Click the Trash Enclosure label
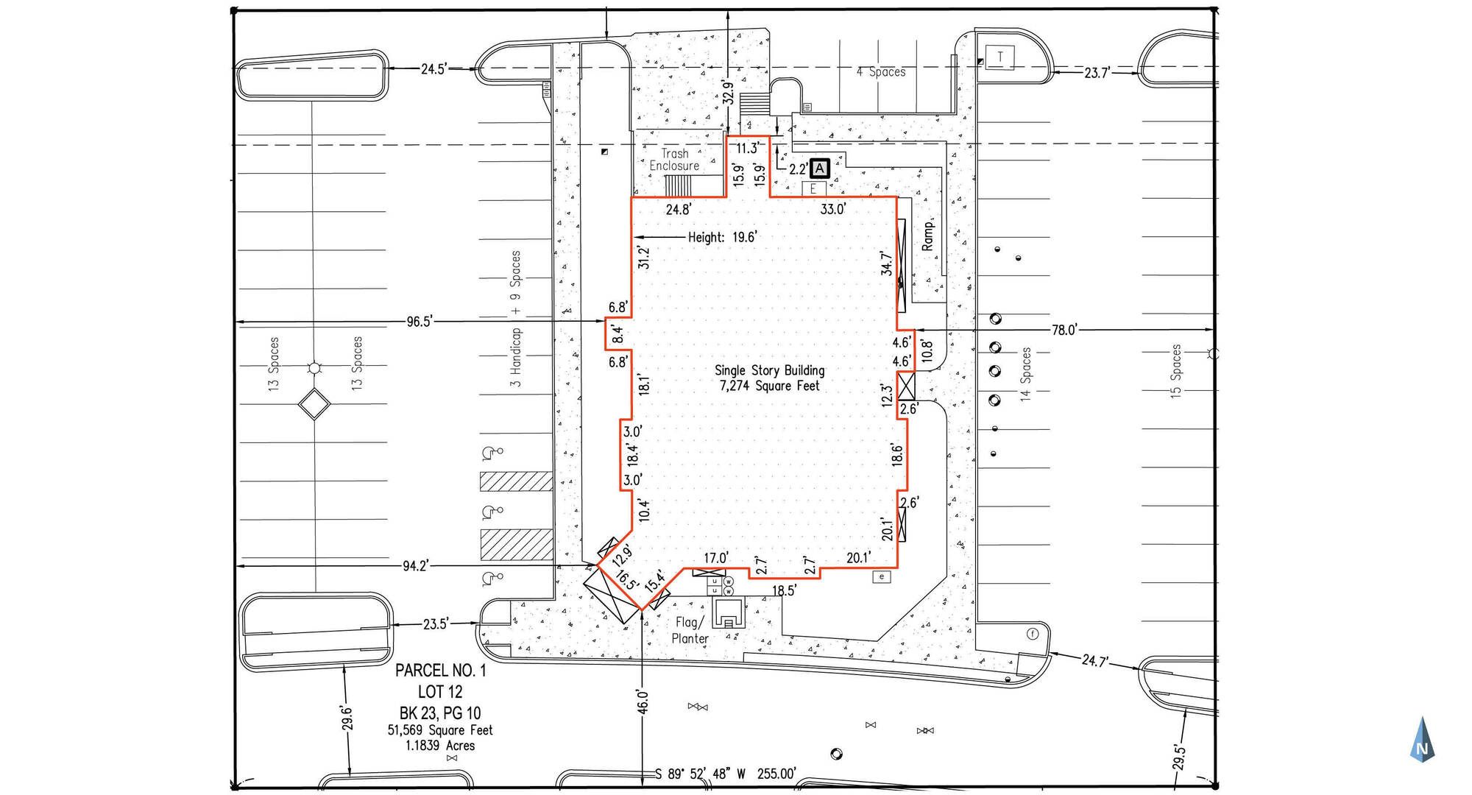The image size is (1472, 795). click(x=674, y=160)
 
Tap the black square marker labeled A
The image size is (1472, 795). click(x=819, y=169)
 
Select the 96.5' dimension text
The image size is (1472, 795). click(x=420, y=322)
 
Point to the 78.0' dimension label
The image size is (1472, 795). click(x=1064, y=331)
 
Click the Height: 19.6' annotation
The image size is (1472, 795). click(x=722, y=237)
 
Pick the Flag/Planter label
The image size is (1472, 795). click(x=690, y=631)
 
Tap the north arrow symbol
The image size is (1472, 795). click(x=1422, y=739)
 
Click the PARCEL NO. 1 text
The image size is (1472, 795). click(x=440, y=671)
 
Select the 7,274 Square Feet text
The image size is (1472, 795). click(x=769, y=386)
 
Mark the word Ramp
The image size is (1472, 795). click(x=928, y=236)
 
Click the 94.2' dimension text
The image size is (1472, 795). click(x=416, y=566)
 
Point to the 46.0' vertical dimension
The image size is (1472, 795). click(x=643, y=702)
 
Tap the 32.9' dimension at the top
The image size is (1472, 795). click(x=728, y=93)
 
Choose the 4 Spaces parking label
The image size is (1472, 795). click(x=881, y=72)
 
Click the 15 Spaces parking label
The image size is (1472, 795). click(x=1175, y=372)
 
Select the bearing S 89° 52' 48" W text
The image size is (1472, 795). click(x=700, y=774)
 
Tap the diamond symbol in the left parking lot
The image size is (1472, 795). click(x=314, y=404)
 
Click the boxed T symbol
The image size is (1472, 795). click(x=1000, y=57)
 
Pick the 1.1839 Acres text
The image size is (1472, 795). click(x=440, y=746)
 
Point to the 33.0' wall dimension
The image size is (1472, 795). click(x=832, y=209)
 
